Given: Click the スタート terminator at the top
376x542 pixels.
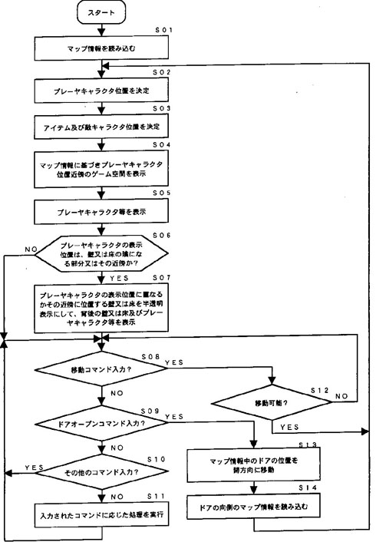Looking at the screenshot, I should point(102,14).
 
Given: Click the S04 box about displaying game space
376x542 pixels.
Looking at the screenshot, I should point(102,169).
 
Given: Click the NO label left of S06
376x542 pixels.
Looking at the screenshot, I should point(31,249).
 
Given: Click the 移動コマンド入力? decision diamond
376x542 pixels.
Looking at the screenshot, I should point(102,371).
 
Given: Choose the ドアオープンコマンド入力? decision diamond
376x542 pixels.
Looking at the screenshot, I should point(102,422).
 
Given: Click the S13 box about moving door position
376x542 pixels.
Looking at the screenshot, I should point(252,465).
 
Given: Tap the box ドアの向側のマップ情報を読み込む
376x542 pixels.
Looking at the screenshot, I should point(252,508).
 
